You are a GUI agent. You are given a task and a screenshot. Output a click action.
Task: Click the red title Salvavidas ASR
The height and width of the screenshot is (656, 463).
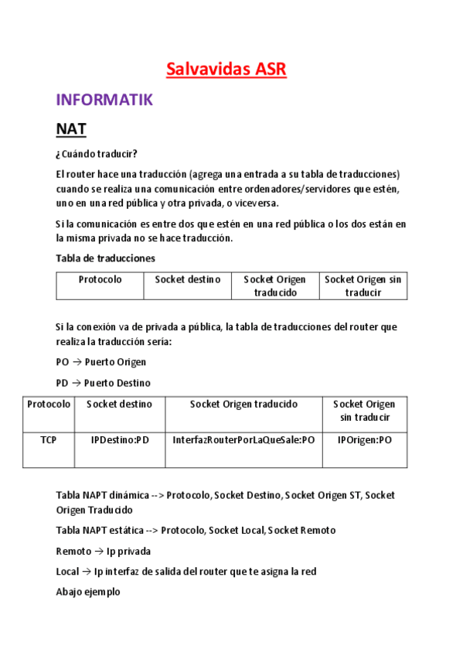pos(226,70)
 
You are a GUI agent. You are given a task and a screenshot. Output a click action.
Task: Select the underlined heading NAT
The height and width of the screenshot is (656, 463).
pos(71,129)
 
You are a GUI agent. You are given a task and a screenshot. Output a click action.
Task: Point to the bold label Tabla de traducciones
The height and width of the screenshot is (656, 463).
pos(105,258)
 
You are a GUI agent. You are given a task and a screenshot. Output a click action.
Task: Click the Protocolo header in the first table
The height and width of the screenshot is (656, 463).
pos(100,279)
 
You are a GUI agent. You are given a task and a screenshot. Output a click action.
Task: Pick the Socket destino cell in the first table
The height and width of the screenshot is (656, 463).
pos(187,279)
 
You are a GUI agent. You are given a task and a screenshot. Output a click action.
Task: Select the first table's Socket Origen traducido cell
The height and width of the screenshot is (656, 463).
pos(274,285)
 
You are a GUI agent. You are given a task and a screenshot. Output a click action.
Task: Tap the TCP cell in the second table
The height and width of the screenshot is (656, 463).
pos(48,439)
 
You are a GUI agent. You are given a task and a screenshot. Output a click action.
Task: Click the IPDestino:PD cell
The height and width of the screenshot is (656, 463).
pos(120,439)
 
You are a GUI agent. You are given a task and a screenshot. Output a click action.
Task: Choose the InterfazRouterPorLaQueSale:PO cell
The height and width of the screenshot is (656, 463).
pos(243,439)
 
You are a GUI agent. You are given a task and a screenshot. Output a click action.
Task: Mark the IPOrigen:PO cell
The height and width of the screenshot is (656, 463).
pos(364,439)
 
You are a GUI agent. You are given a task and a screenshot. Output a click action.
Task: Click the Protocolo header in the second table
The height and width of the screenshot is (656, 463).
pos(48,404)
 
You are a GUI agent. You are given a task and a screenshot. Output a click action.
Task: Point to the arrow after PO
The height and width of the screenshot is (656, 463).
pos(77,362)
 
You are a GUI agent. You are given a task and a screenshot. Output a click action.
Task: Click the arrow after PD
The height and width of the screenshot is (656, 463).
pos(77,383)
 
